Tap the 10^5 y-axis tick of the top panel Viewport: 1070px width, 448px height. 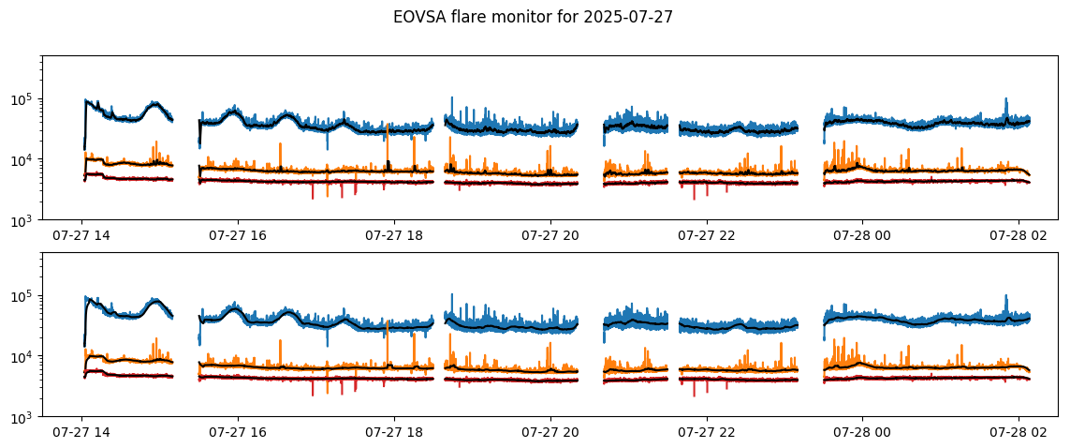[23, 98]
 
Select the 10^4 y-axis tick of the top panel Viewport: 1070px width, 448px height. [23, 159]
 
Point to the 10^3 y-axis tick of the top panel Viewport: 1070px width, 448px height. [23, 220]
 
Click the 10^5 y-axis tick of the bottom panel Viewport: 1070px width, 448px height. [23, 295]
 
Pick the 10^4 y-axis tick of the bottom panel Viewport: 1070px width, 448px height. [23, 356]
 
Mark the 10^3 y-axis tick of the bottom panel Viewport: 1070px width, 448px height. [23, 416]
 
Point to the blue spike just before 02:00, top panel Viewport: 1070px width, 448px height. [1005, 110]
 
